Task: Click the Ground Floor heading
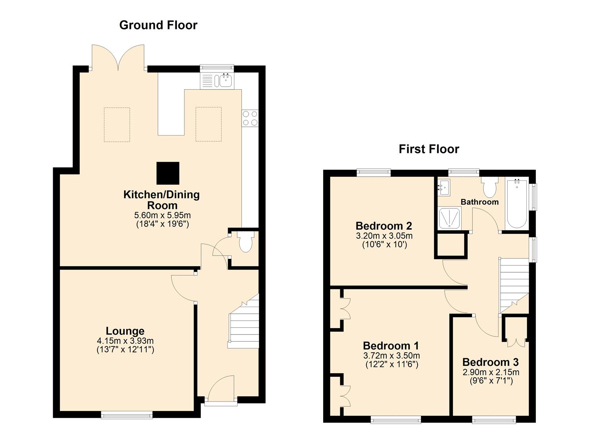click(x=158, y=25)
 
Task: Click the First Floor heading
click(x=429, y=149)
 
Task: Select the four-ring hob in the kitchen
click(x=250, y=118)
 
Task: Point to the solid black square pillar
click(x=168, y=173)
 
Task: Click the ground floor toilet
click(x=246, y=241)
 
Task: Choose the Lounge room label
click(x=125, y=331)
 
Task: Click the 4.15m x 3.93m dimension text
click(x=125, y=341)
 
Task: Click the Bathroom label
click(x=480, y=202)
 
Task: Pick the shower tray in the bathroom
click(x=449, y=218)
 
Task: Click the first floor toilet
click(x=489, y=187)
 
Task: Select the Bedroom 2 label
click(x=384, y=226)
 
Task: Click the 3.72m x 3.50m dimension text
click(x=391, y=356)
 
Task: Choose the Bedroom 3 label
click(x=490, y=362)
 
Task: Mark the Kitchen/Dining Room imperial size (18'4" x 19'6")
click(x=163, y=224)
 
